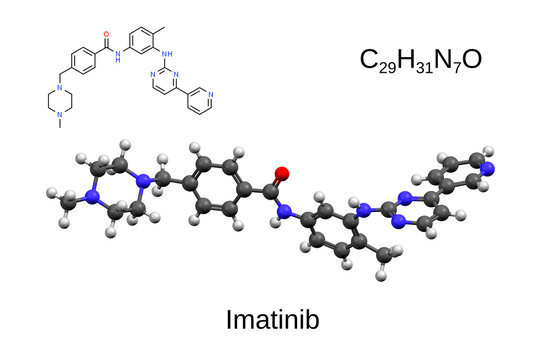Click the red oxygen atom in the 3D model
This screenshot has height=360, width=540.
coord(281,174)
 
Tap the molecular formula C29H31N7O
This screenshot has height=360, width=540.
coord(421,61)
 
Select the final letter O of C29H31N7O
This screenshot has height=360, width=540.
coord(473,61)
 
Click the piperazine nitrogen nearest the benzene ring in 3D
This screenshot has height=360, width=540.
coord(146,181)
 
